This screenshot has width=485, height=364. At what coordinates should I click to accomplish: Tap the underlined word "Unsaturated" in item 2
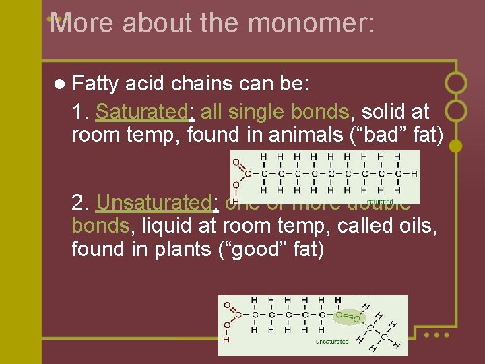tap(154, 202)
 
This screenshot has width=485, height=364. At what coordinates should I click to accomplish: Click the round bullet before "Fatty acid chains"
tap(60, 84)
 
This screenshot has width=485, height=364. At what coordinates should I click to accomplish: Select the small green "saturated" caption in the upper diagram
tap(380, 201)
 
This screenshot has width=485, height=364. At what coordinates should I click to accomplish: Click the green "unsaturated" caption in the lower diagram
tap(333, 342)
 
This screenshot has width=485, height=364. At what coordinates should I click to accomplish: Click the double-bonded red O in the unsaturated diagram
tap(227, 305)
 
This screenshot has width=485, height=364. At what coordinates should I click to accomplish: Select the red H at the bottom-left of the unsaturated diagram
tap(226, 340)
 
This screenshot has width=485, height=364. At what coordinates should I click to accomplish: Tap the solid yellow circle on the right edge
tap(455, 145)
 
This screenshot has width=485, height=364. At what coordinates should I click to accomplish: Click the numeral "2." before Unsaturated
tap(82, 202)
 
